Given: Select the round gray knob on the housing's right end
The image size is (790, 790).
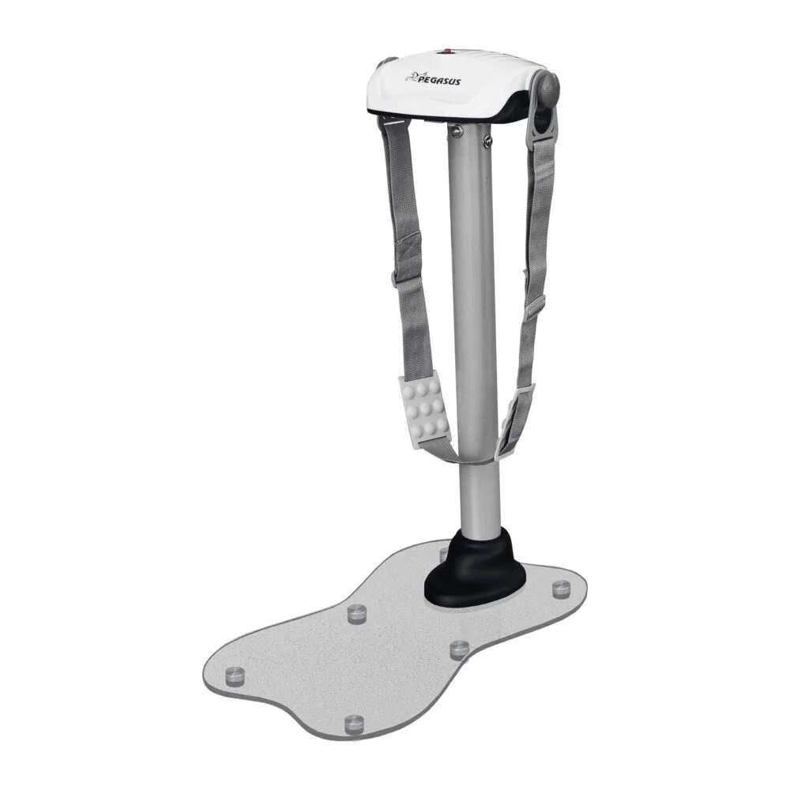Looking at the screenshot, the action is tap(547, 86).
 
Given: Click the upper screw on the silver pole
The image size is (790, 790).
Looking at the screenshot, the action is tap(456, 131).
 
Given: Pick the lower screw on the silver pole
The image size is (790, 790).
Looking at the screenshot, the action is tap(486, 142).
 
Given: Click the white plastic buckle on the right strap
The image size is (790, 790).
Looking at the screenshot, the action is tap(515, 422).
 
